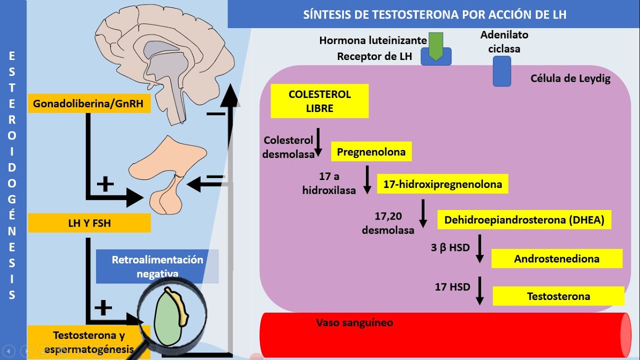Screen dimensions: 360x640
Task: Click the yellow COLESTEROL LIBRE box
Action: pos(319,101)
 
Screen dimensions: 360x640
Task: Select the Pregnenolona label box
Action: pos(371,151)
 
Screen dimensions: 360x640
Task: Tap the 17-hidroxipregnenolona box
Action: pos(442,184)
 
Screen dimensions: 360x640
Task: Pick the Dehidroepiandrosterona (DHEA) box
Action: pos(524,220)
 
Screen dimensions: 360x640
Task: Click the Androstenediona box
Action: pos(556,258)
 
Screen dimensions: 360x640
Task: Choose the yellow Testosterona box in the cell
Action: pos(558,296)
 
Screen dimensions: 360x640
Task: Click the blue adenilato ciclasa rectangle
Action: pos(501,71)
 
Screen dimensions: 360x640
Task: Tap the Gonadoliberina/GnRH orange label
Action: pos(89,104)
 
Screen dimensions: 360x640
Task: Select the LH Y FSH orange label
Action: pos(89,223)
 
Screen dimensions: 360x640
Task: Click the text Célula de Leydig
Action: pos(570,78)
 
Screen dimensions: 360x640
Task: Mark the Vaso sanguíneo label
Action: pos(354,322)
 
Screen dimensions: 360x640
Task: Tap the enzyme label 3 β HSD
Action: pos(450,247)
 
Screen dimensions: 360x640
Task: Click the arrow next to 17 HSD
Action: pos(479,290)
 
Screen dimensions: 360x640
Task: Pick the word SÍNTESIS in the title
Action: pos(327,14)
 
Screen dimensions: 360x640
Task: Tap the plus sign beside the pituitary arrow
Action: pos(105,184)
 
